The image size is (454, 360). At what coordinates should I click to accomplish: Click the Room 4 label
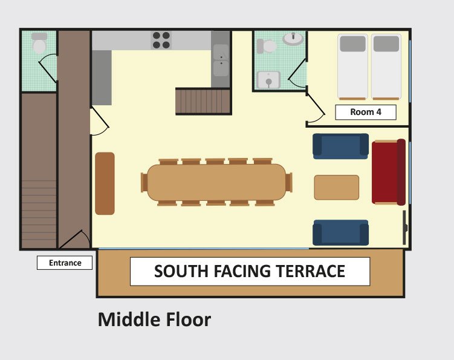(366, 112)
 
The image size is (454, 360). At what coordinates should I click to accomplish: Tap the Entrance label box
(65, 263)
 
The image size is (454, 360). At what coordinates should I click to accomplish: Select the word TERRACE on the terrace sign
(310, 271)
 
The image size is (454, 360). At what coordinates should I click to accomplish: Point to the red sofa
(389, 172)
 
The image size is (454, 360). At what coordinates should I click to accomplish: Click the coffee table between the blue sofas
(337, 187)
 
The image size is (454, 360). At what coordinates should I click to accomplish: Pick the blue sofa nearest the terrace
(340, 232)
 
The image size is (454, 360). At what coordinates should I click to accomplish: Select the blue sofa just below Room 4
(340, 146)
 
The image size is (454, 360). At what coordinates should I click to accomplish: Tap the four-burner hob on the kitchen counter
(161, 40)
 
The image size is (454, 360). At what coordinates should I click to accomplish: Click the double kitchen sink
(221, 61)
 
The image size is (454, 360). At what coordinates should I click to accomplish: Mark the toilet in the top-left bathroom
(39, 43)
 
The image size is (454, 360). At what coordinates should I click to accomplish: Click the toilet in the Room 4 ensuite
(267, 46)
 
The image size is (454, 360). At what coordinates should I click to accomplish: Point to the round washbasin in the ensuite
(293, 39)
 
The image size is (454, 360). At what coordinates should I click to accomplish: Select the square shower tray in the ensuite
(268, 80)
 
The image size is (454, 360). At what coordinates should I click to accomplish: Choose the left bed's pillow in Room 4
(352, 44)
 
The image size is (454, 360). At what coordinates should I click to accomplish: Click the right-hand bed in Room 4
(386, 67)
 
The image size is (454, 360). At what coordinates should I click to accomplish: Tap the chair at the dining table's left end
(144, 182)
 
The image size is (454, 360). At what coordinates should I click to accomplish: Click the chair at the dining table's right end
(289, 182)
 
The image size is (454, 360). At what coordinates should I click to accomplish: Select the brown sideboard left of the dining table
(105, 183)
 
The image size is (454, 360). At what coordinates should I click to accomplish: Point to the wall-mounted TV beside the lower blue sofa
(405, 227)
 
